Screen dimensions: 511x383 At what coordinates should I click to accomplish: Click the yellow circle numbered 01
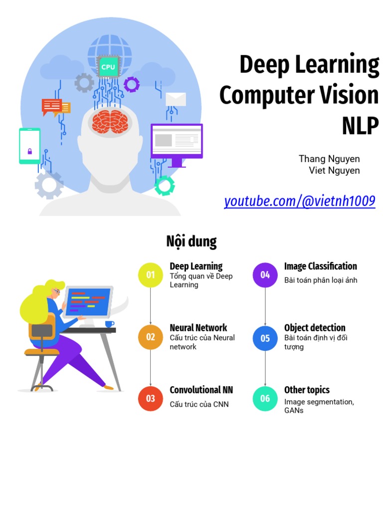151,275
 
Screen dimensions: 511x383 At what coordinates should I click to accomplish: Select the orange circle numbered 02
151,337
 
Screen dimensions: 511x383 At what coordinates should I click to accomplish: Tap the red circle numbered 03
151,398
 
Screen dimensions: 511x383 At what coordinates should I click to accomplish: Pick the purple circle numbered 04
265,275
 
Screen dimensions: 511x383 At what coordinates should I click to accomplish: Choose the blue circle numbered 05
265,338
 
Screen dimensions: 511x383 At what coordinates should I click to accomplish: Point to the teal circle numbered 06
265,398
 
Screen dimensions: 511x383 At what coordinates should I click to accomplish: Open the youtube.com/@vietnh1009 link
299,202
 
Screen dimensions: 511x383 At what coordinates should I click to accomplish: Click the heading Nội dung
191,242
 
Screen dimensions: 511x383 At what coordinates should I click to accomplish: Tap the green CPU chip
108,67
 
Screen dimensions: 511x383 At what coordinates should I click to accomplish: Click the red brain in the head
110,122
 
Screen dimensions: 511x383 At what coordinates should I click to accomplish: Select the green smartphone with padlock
29,146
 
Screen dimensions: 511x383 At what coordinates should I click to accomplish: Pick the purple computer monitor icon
177,143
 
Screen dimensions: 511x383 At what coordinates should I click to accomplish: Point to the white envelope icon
176,99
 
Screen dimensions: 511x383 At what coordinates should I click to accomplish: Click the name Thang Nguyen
329,159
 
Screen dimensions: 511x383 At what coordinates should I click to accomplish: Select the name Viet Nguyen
334,171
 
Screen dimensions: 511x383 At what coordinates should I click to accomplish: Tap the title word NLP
360,125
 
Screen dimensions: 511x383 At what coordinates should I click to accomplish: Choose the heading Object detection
315,328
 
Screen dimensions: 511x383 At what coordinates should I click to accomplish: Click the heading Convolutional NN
201,390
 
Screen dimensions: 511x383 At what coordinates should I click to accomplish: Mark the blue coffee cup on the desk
110,324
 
